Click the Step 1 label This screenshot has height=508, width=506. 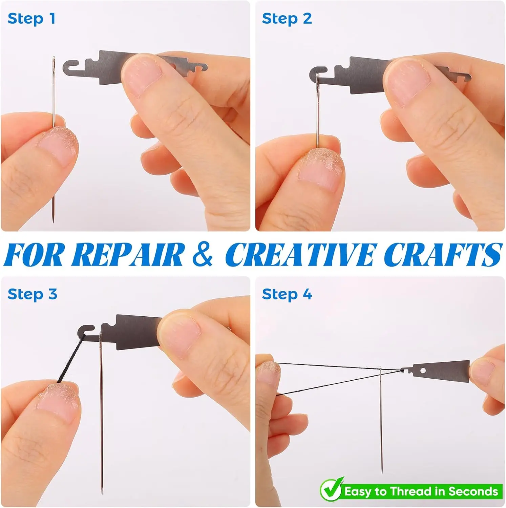coord(31,19)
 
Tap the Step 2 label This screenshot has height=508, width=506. coord(287,19)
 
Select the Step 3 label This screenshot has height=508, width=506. coord(33,294)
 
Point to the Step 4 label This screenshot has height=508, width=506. coord(287,294)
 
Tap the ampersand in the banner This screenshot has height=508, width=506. coord(203,255)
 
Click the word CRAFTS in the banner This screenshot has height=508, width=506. coord(443,255)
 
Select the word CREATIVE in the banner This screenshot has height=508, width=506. coord(301,255)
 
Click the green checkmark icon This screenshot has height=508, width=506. coord(332,489)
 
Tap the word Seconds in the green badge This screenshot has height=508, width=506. coord(473,491)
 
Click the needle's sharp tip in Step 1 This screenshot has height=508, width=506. coord(53,222)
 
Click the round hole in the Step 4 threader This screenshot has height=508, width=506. coord(423,371)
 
